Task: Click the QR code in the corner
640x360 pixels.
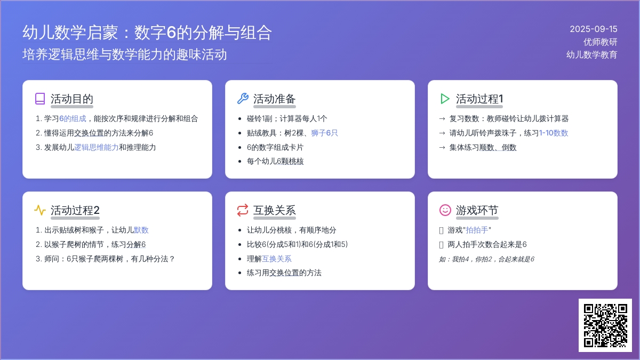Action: (605, 325)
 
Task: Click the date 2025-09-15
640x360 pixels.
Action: (594, 29)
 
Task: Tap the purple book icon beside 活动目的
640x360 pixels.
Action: (40, 99)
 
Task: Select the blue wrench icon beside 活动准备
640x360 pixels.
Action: (243, 99)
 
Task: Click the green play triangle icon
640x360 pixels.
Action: (445, 99)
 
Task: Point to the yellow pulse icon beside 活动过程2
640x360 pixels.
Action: (40, 210)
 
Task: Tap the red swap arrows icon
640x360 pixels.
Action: (243, 210)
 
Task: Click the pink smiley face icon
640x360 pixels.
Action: (445, 210)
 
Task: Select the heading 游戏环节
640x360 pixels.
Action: (477, 210)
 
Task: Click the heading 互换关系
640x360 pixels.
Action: (274, 210)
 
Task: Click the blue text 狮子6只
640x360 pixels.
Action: (324, 133)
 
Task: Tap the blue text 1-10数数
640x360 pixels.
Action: (554, 133)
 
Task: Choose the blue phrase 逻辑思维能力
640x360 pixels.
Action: (97, 147)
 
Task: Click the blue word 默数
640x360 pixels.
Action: (141, 230)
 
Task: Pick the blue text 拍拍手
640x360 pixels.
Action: (477, 230)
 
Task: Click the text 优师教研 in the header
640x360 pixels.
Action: (601, 42)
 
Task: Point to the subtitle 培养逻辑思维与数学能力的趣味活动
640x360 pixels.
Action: (125, 54)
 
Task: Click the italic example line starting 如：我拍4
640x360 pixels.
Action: (486, 259)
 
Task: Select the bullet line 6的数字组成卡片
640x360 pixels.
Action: (275, 147)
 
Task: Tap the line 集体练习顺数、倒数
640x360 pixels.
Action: (483, 147)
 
